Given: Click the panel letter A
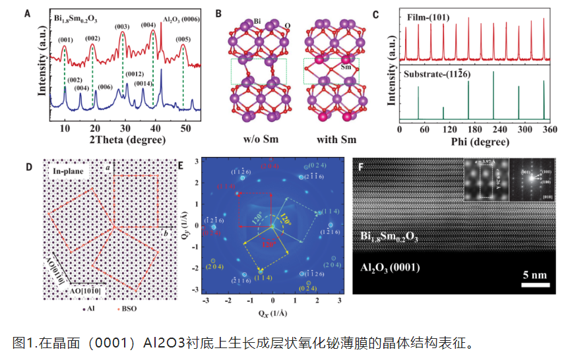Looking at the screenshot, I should [x=27, y=11].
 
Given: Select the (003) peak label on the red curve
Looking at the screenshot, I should [x=122, y=26].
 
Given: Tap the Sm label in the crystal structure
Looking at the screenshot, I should [x=344, y=67].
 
